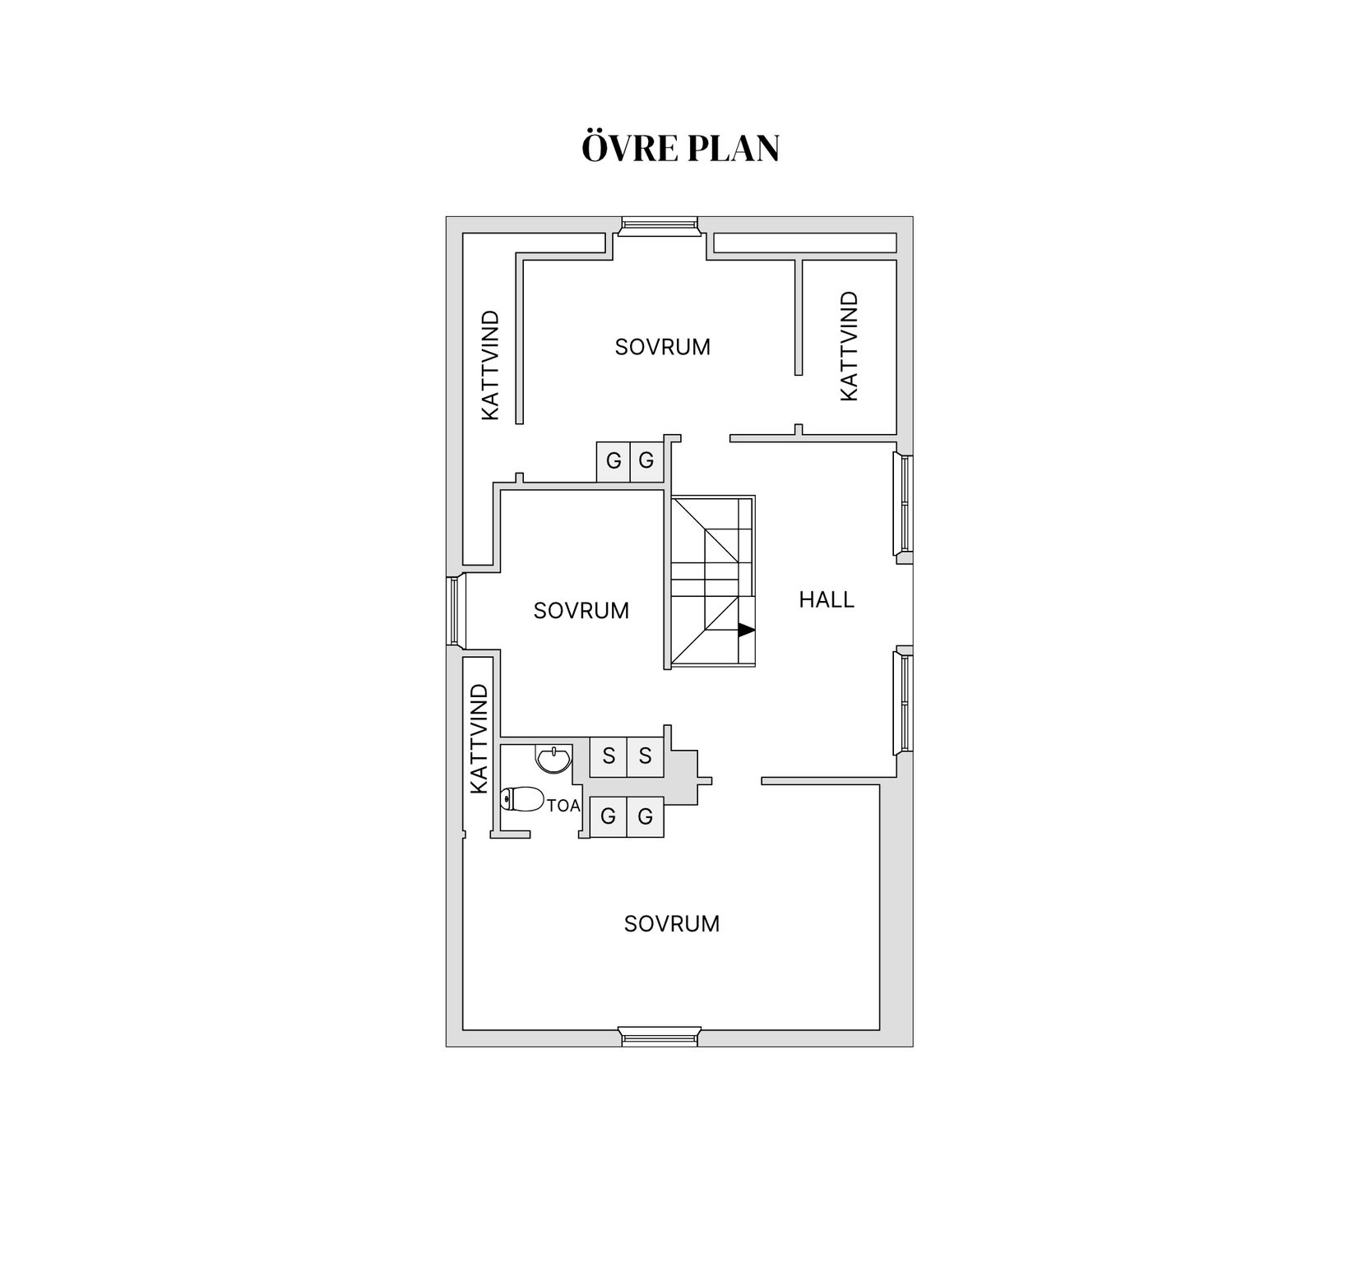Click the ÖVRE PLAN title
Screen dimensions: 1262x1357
click(x=680, y=149)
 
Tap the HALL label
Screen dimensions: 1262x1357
click(x=827, y=600)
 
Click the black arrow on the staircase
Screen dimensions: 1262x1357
click(x=745, y=631)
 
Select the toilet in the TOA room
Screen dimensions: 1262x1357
click(x=522, y=798)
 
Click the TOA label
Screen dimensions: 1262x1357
click(x=563, y=807)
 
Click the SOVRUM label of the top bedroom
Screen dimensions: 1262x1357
click(x=662, y=347)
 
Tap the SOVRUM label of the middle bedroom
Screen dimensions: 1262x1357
click(x=581, y=611)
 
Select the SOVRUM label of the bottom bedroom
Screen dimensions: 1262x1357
click(x=671, y=924)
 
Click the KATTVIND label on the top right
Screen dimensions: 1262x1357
click(x=850, y=346)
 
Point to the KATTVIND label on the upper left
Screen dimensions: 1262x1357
click(x=490, y=365)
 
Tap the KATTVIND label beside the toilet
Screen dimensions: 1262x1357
click(x=479, y=738)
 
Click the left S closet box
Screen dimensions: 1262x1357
click(x=609, y=756)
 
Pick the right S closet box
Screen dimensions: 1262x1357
click(x=645, y=756)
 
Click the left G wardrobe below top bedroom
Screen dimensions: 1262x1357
click(x=614, y=461)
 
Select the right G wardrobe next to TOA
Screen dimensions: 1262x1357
click(x=645, y=816)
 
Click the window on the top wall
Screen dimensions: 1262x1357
click(x=657, y=224)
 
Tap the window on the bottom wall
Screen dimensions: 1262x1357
click(x=659, y=1037)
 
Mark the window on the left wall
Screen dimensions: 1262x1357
click(x=454, y=610)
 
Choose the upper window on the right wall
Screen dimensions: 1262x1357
click(x=905, y=504)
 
